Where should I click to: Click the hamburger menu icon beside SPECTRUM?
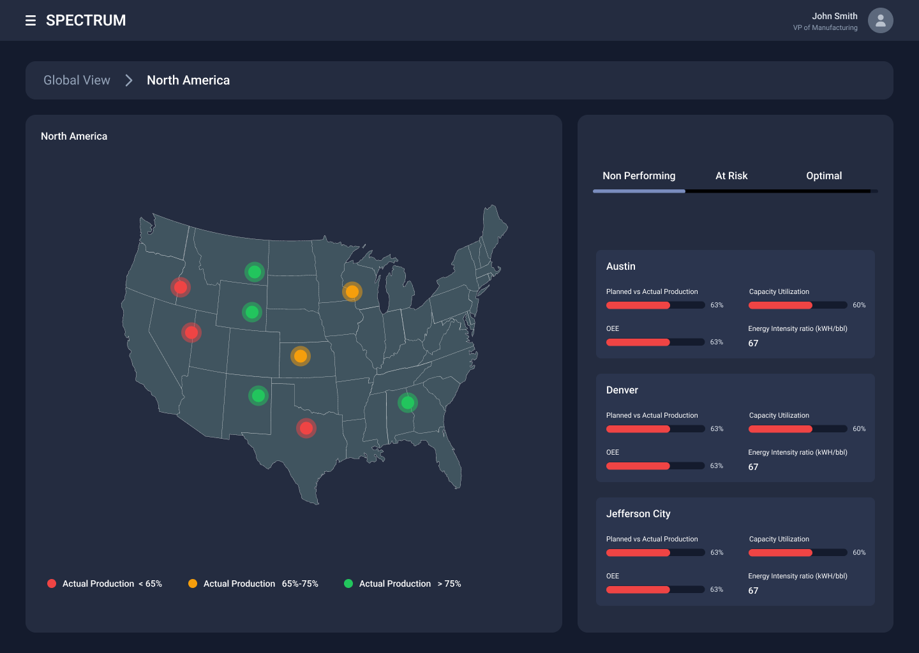click(x=30, y=21)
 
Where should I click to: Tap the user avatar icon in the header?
click(x=880, y=20)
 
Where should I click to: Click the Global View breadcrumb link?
click(x=77, y=80)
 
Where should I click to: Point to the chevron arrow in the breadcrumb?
click(x=129, y=80)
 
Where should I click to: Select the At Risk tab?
click(x=731, y=176)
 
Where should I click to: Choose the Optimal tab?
click(x=823, y=176)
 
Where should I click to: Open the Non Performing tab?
click(x=639, y=176)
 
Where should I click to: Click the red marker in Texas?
click(x=306, y=428)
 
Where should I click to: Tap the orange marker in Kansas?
click(x=301, y=356)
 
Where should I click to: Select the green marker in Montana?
click(x=255, y=272)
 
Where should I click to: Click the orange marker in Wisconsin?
click(x=352, y=292)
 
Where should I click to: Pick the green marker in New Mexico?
click(x=258, y=396)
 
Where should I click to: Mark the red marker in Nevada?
click(x=191, y=332)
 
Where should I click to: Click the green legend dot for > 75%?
click(x=348, y=583)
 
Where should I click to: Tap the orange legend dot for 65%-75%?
click(x=193, y=583)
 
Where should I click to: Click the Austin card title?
click(x=620, y=267)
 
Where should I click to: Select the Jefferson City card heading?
click(x=638, y=514)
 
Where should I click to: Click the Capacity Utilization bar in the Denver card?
click(x=797, y=429)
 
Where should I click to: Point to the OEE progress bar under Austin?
click(x=655, y=342)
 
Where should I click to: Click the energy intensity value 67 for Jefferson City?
click(x=753, y=591)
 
